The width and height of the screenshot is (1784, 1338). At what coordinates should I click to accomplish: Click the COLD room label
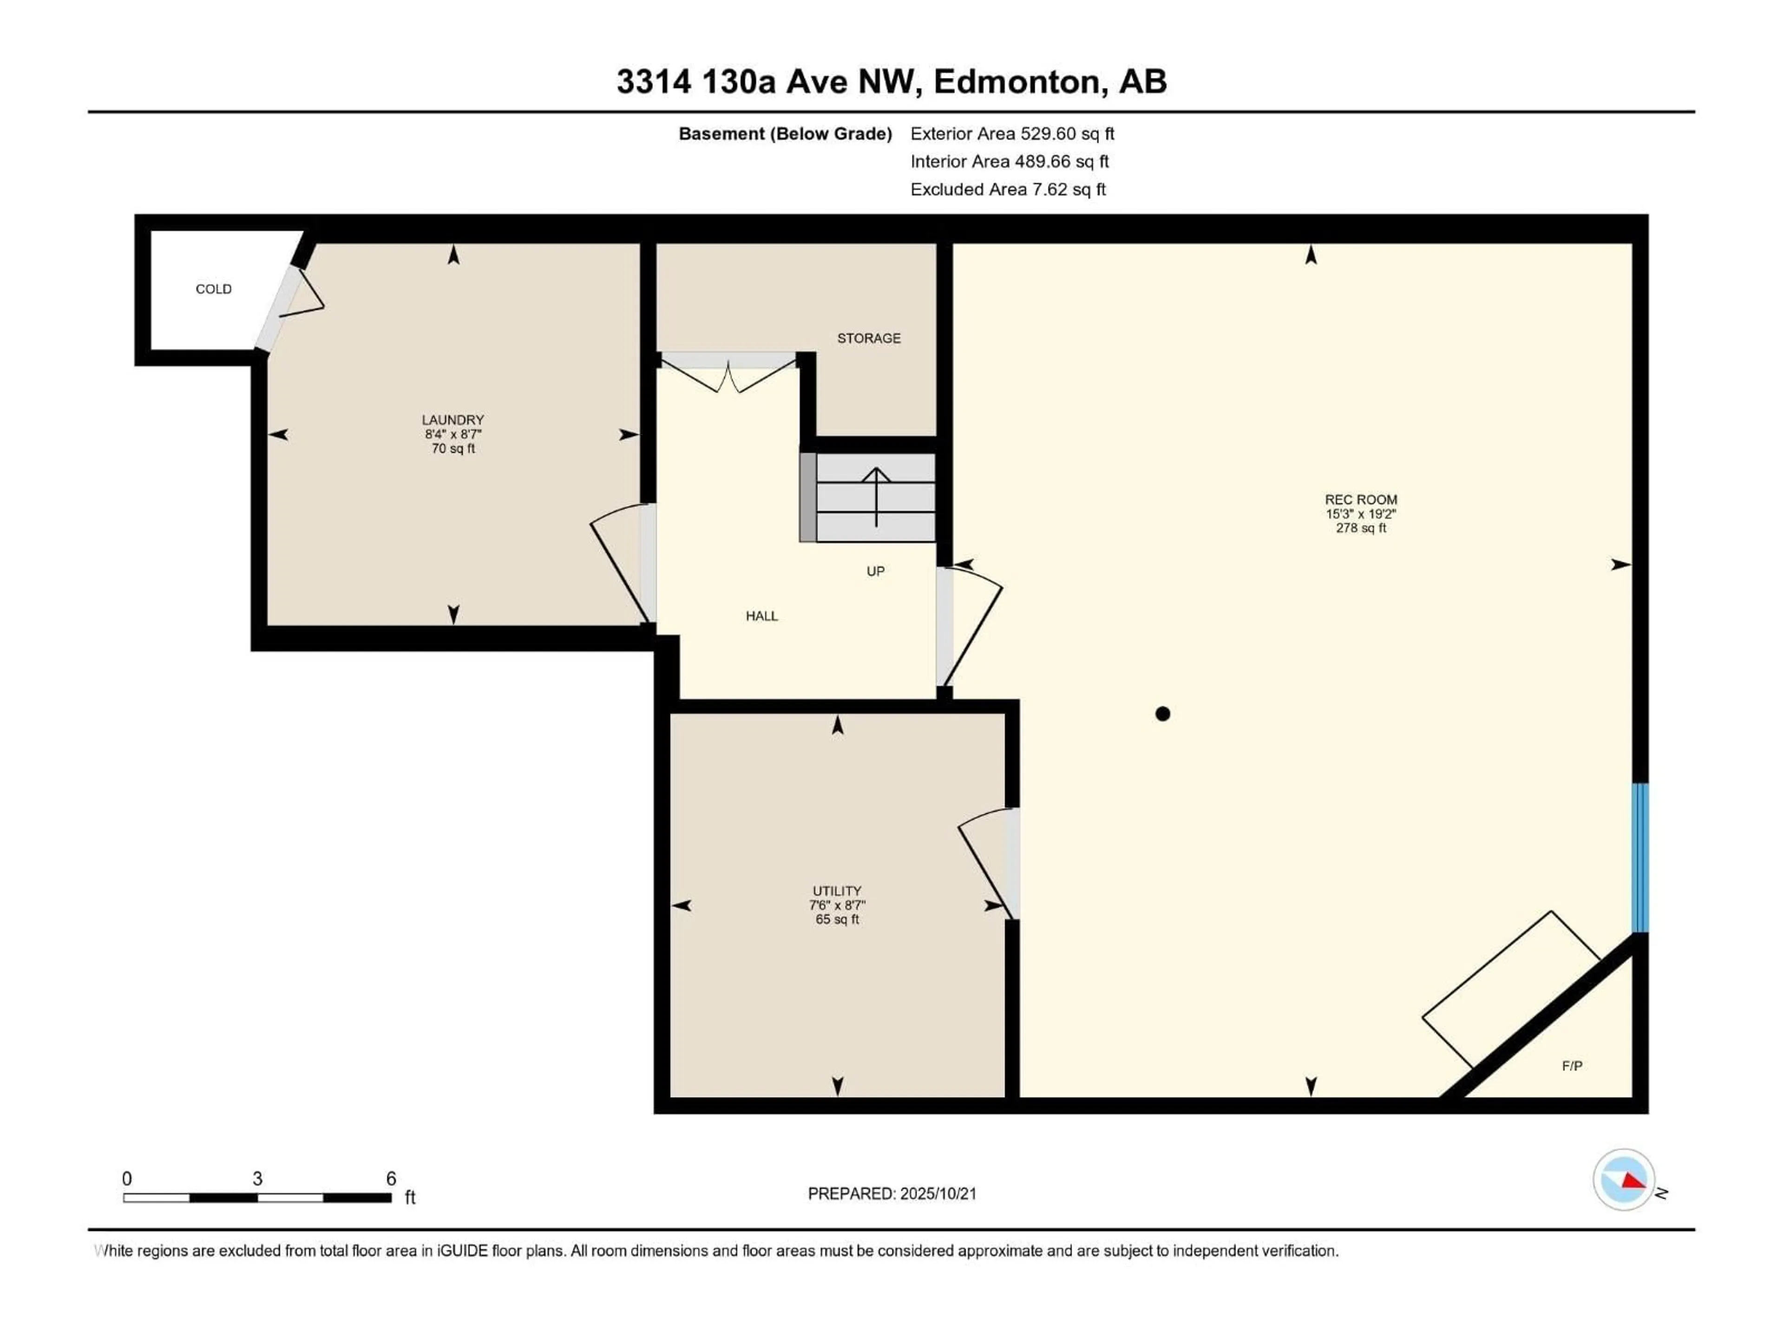click(x=214, y=289)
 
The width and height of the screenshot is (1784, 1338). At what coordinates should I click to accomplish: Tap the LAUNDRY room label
click(x=453, y=420)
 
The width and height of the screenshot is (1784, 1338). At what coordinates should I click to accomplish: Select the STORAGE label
click(x=869, y=338)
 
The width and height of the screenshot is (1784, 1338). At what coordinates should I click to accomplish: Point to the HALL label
click(x=761, y=616)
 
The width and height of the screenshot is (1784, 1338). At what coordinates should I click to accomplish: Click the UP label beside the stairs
click(x=875, y=571)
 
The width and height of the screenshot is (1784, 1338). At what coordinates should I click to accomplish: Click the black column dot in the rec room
click(x=1162, y=714)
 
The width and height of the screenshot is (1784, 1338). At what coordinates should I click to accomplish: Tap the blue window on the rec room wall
click(x=1640, y=857)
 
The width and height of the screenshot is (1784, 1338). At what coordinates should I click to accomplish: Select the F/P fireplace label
click(x=1572, y=1066)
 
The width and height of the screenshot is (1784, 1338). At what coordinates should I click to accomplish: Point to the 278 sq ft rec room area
click(x=1361, y=528)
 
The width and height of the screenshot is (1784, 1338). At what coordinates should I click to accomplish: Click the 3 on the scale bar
click(x=257, y=1178)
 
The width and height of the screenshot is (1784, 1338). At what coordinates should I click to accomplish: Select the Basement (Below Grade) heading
click(x=785, y=134)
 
